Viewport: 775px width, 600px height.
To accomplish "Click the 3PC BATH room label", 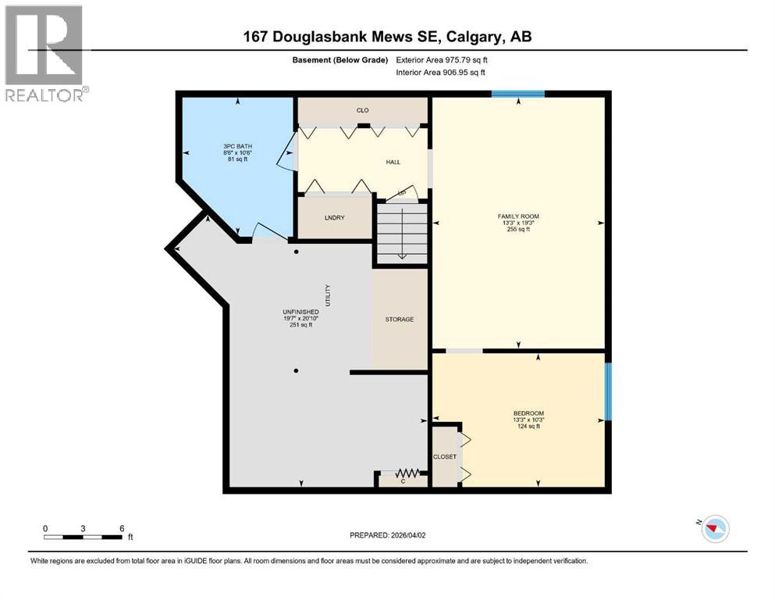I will (x=237, y=146).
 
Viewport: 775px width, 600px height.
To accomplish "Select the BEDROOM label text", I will (x=528, y=413).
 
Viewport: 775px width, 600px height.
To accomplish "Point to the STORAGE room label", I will (x=399, y=320).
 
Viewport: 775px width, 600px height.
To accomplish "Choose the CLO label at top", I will (x=362, y=110).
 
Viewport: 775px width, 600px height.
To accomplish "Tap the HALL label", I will (x=393, y=162).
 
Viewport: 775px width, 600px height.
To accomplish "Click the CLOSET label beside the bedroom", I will (x=445, y=456).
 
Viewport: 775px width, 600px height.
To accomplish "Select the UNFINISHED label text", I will (x=300, y=312).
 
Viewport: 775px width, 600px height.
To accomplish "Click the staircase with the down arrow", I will (x=401, y=233).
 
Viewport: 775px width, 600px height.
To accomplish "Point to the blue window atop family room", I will (x=518, y=95).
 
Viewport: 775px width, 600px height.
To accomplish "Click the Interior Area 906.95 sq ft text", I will (x=452, y=72).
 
